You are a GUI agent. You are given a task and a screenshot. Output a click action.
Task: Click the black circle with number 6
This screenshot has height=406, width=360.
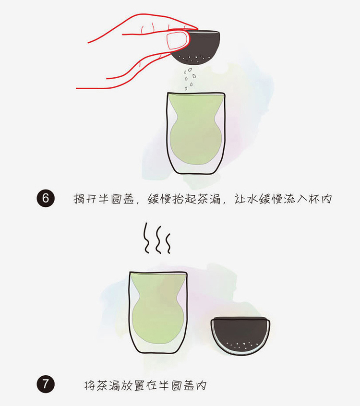click(x=46, y=198)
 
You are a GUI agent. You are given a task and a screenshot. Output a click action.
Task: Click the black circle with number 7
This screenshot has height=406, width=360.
click(x=46, y=384)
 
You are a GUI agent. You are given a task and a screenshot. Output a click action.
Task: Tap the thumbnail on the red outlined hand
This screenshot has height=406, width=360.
click(x=177, y=40)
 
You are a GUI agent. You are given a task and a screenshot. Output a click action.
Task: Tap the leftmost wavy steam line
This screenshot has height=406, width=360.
click(x=146, y=238)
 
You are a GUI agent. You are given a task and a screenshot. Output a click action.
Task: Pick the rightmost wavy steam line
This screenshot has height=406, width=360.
click(x=168, y=243)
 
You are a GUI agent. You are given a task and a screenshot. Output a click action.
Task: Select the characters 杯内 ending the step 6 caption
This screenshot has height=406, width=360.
click(x=320, y=199)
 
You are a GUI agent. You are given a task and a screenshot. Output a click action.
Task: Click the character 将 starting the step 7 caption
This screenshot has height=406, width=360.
click(x=90, y=385)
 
